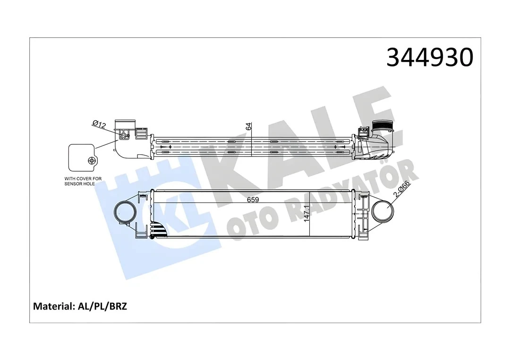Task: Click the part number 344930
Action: point(429,58)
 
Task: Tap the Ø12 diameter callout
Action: point(99,124)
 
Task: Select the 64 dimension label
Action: point(249,126)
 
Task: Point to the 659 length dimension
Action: point(253,199)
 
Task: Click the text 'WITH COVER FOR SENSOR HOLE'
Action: point(83,181)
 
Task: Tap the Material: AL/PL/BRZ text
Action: point(80,306)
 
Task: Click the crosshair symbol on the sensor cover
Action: point(92,160)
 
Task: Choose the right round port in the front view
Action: point(382,212)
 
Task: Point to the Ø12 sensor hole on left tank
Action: point(125,136)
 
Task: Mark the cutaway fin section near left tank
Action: point(160,229)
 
